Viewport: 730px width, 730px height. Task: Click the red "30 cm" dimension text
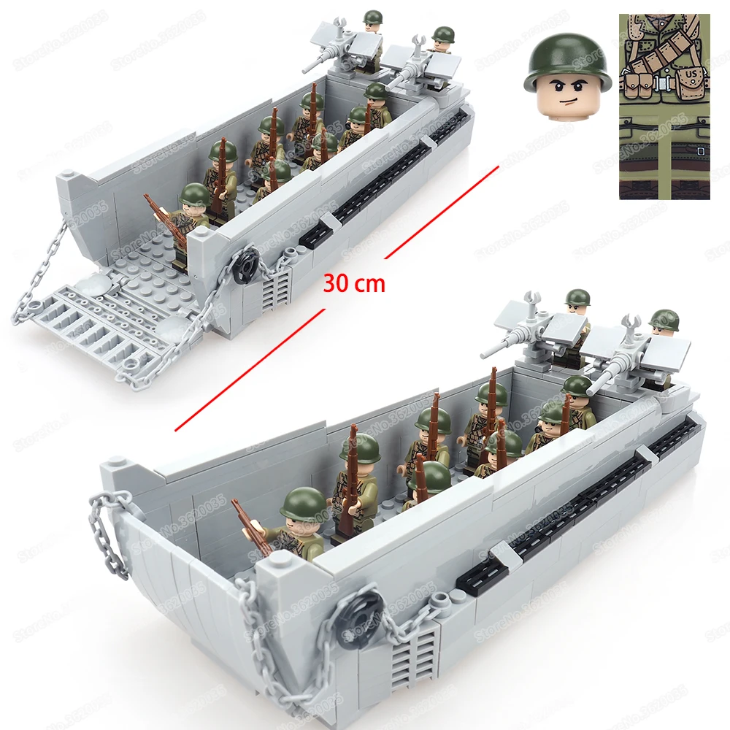(353, 283)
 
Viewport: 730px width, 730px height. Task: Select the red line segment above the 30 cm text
(441, 212)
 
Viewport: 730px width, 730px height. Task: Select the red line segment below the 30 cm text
(248, 369)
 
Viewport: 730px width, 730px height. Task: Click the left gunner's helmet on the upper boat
(372, 18)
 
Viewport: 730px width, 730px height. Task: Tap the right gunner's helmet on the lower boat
(664, 319)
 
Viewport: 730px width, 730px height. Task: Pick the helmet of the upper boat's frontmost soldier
(194, 195)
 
